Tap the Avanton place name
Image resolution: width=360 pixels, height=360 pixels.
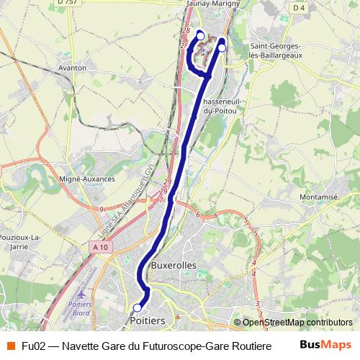(x=71, y=68)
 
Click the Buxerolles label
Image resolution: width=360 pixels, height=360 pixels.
(x=174, y=265)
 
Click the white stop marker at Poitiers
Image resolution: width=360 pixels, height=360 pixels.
(x=137, y=307)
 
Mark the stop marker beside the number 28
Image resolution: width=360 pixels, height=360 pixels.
(x=200, y=36)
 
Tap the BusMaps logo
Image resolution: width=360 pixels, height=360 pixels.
(x=325, y=345)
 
